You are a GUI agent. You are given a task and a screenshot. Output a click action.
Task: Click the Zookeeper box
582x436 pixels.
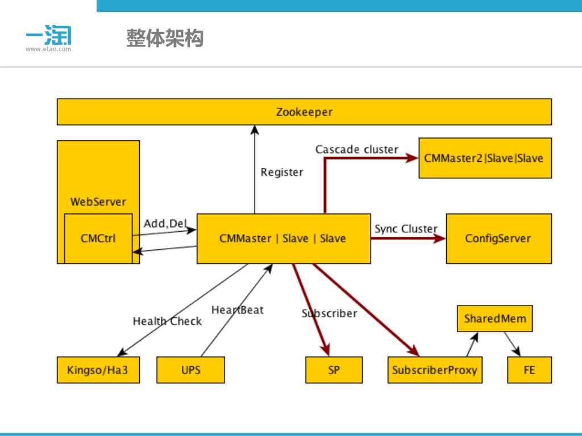point(304,112)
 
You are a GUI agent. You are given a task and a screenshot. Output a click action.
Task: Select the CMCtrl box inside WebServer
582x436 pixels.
point(98,238)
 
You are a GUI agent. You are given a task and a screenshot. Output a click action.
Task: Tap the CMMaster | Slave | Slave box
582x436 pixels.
point(283,238)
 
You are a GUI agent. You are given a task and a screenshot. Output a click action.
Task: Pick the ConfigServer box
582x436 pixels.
point(498,238)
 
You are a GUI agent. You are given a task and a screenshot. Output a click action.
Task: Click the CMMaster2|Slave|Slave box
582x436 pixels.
point(484,158)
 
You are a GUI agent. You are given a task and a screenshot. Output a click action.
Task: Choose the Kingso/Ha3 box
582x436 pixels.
point(98,370)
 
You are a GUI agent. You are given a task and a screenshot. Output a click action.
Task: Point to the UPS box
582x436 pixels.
point(190,370)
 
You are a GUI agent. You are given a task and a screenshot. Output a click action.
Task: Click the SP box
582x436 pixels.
point(334,370)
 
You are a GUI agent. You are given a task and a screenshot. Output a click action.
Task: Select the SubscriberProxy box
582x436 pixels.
point(435,370)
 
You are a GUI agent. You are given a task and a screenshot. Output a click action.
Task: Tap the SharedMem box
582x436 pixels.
point(495,318)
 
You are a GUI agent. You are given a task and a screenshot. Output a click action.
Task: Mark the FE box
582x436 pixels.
point(529,370)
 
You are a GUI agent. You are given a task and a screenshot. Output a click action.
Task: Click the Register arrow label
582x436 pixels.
point(282,172)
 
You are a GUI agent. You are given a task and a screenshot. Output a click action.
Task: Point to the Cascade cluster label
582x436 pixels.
point(357,149)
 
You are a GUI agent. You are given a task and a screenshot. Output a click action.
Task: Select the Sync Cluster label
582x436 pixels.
point(406,229)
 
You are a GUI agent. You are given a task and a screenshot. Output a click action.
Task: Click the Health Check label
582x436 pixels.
point(167,321)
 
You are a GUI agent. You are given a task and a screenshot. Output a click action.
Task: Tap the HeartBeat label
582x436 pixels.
point(238,310)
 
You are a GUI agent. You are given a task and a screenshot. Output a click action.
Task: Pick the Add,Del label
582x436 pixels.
point(165,224)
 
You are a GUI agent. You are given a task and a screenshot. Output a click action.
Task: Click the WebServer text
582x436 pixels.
point(98,202)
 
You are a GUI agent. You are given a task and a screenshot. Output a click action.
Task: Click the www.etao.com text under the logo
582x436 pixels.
point(48,49)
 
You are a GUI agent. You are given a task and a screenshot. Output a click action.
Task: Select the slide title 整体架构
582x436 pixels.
point(165,39)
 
